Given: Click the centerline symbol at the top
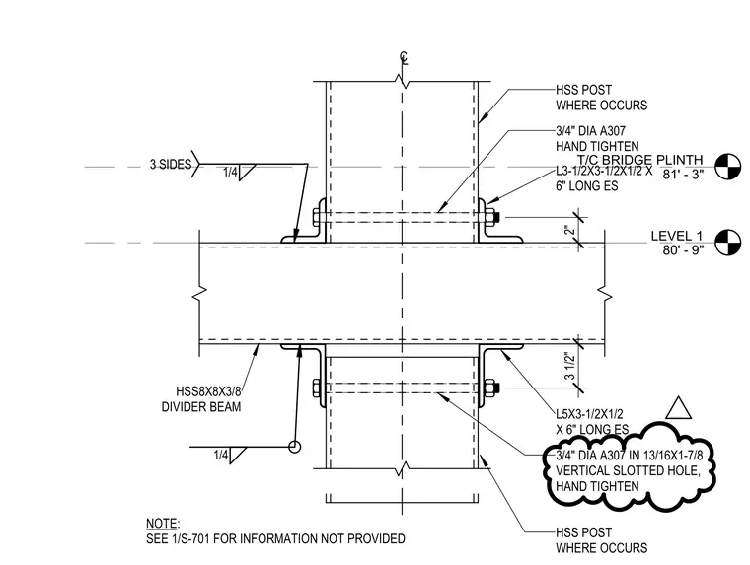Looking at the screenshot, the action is pos(405,58).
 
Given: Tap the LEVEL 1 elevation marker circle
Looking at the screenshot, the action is pos(727,243).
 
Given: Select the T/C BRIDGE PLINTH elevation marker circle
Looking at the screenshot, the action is pos(727,167).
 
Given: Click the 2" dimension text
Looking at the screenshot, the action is pos(569,231).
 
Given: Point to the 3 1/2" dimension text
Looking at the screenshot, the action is pos(569,366).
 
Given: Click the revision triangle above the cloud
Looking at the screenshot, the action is pos(678,408).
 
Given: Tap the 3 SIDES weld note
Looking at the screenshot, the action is pos(171,165).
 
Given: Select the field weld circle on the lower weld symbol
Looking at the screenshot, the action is pos(295,447).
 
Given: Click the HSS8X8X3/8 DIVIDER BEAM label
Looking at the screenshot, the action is pos(201,399).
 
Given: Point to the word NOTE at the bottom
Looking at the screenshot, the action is pos(161,524).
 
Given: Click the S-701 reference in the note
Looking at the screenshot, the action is pos(191,539).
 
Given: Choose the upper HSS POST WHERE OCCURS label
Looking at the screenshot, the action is pos(601,98).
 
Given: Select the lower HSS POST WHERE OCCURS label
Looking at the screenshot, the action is pos(601,540).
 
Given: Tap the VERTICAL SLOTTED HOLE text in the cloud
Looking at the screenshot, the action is pos(628,471).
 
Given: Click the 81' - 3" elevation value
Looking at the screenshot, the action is pos(684,175).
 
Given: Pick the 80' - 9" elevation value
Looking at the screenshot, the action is pos(684,250).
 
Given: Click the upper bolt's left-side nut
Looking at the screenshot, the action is pos(317,218).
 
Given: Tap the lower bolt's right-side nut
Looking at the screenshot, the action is pos(490,388).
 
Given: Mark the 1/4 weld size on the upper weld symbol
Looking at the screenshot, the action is pos(230,173).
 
